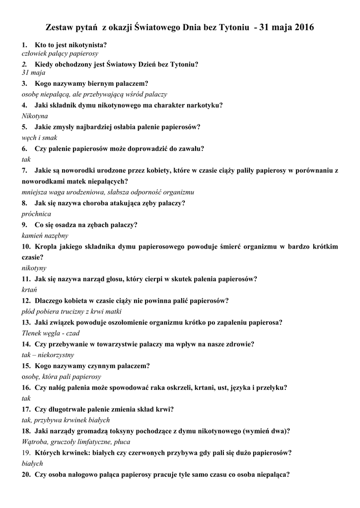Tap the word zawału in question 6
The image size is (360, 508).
tap(192, 148)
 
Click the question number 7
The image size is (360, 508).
tap(24, 170)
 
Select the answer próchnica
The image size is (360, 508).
tap(36, 214)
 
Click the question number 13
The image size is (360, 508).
tap(26, 322)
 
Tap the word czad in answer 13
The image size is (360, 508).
tap(72, 333)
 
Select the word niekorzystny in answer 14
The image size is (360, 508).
tap(56, 355)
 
